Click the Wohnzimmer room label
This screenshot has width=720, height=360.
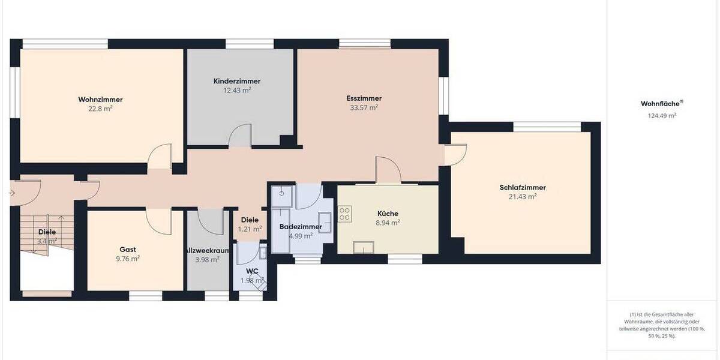coord(96,99)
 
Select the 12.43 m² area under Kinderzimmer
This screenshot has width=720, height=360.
coord(236,91)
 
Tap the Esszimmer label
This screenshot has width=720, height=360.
coord(364,98)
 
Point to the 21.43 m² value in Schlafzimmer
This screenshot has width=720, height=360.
coord(522,196)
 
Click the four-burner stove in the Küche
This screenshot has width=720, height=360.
coord(345,214)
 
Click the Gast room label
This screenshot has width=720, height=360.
coord(127,250)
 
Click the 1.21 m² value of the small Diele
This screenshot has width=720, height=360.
coord(250,229)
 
